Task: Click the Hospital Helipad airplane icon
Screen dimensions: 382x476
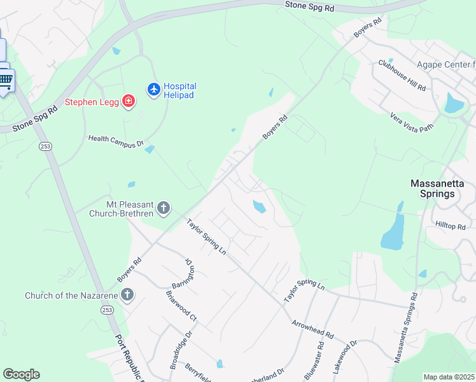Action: point(153,90)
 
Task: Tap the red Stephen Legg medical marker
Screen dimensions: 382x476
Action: point(129,101)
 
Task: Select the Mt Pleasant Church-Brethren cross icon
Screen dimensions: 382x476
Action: point(164,208)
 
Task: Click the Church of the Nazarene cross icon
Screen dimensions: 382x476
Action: point(127,295)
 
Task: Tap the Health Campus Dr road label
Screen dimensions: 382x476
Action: point(116,141)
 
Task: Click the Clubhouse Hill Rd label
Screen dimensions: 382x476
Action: point(402,76)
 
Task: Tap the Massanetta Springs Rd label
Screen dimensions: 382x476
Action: point(405,328)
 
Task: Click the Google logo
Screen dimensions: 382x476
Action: point(21,374)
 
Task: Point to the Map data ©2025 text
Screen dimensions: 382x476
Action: point(449,377)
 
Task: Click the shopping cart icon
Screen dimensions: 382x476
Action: point(6,80)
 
